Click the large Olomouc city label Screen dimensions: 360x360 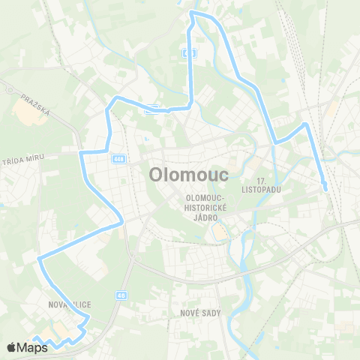click(x=183, y=174)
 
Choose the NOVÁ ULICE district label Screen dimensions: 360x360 click(x=69, y=304)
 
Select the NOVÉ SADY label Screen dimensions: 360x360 click(x=201, y=312)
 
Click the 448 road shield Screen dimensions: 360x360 click(x=119, y=158)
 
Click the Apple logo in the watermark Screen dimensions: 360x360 click(x=10, y=347)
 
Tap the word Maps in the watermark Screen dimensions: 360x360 click(x=31, y=347)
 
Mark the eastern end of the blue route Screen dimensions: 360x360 click(x=325, y=189)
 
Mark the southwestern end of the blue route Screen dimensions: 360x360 click(x=33, y=339)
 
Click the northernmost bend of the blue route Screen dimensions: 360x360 click(x=193, y=12)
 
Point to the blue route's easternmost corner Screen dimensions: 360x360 click(x=304, y=124)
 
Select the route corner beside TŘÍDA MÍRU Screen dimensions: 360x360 click(x=80, y=152)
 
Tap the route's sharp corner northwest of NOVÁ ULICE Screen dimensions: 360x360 click(x=39, y=259)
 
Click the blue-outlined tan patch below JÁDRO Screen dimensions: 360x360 click(x=219, y=233)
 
